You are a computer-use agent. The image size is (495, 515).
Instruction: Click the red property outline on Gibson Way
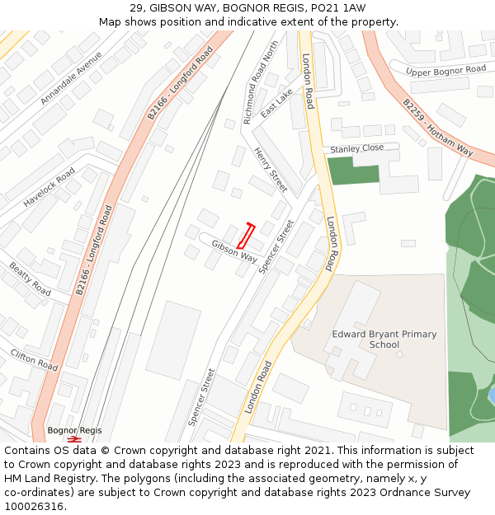point(246,236)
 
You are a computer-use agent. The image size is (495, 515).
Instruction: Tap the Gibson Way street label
point(234,250)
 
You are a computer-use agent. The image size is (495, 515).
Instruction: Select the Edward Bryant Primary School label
point(384,339)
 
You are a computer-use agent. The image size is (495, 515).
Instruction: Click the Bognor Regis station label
point(74,430)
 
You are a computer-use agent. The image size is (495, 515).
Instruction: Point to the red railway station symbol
point(74,439)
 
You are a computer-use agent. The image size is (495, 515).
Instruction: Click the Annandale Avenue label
point(71,77)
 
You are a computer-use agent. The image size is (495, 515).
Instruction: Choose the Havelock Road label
point(49,187)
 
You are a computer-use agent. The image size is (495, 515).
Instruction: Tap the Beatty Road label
point(30,279)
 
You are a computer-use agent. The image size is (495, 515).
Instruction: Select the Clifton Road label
point(34,359)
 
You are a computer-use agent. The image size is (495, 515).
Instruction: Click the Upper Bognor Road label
point(446,70)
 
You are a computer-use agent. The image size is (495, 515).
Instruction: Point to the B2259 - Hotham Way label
point(438,128)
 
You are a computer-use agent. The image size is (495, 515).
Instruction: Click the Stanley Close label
point(357,148)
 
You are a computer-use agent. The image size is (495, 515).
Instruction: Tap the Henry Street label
point(271,170)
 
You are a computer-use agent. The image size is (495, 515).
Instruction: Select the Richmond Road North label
point(262,83)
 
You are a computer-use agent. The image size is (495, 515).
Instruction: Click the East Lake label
point(276,104)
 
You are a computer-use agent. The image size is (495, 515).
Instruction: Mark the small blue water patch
point(492,396)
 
